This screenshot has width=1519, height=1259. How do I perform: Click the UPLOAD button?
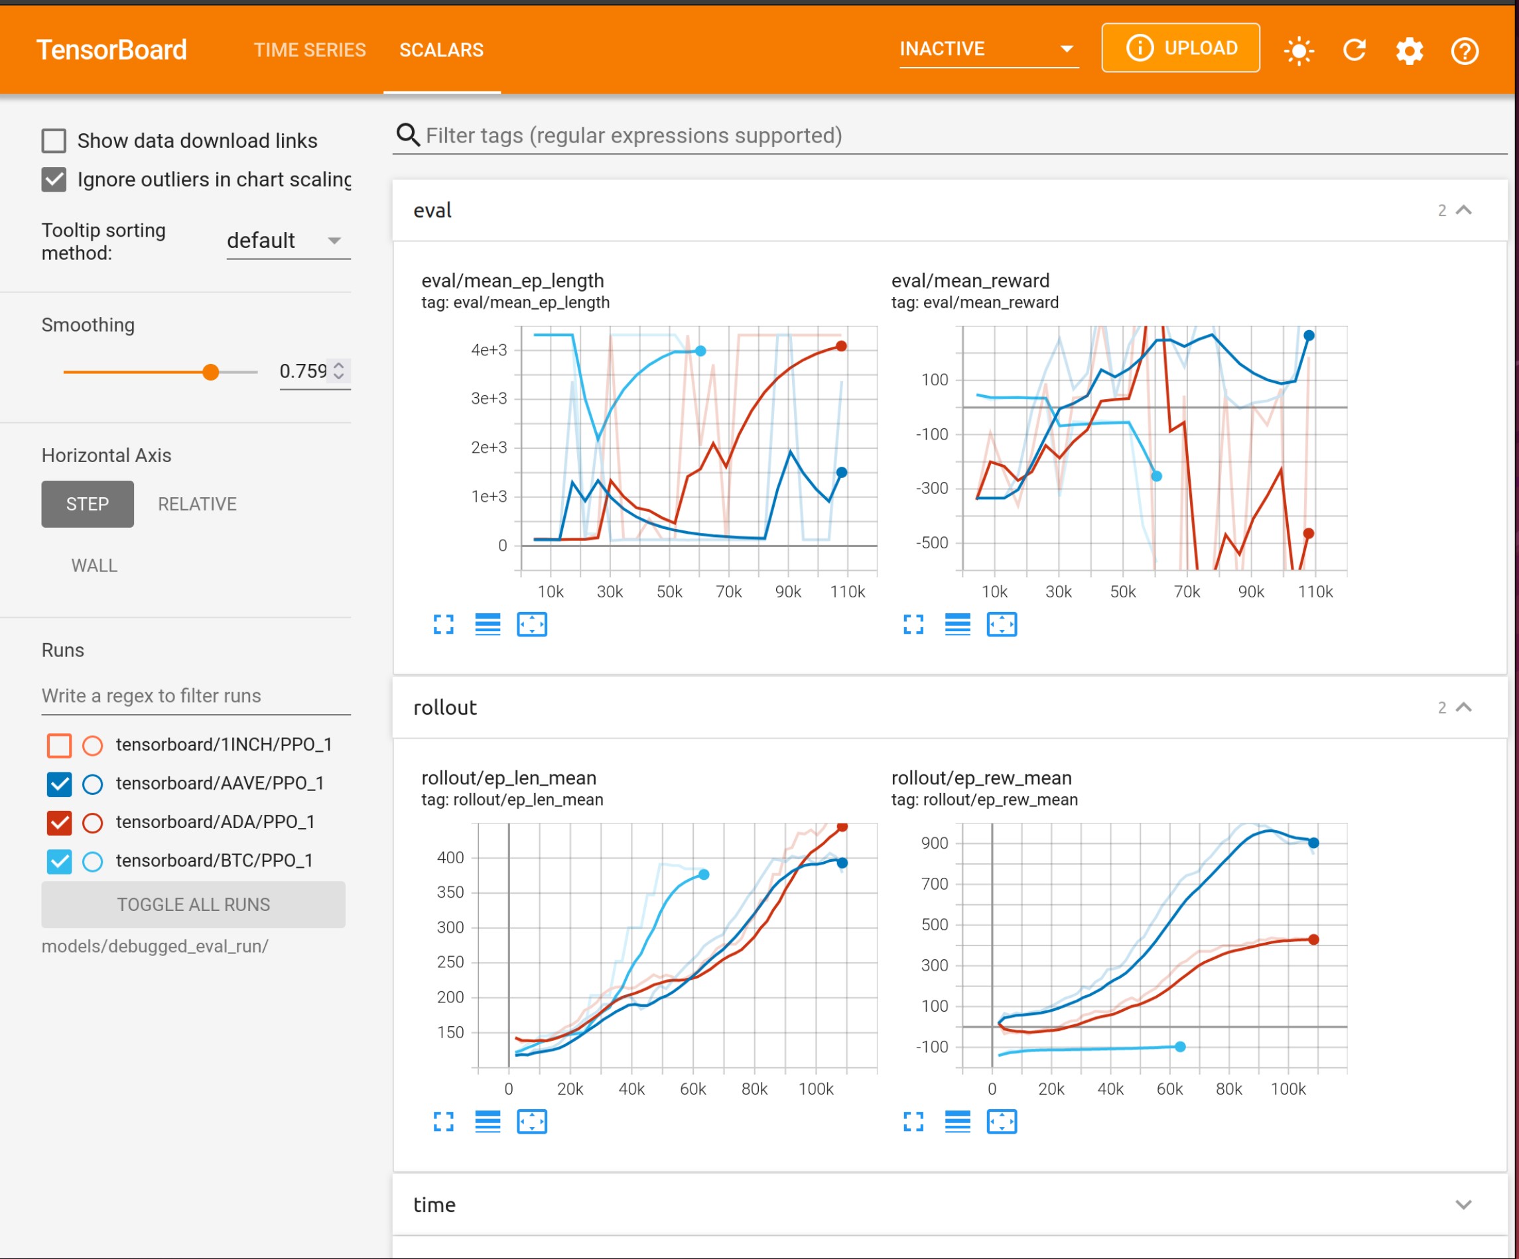point(1180,48)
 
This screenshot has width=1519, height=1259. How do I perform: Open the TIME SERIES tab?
point(310,50)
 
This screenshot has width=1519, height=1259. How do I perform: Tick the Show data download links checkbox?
point(54,141)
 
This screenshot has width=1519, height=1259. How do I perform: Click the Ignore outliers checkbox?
point(54,180)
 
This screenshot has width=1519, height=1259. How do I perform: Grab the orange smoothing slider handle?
point(210,373)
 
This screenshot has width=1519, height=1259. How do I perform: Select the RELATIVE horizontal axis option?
point(197,504)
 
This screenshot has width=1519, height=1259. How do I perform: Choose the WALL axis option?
point(94,566)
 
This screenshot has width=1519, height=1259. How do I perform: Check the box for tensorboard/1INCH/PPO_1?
point(59,745)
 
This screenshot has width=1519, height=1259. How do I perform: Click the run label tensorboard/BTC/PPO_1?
point(214,861)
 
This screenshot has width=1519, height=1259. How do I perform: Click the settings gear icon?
point(1409,50)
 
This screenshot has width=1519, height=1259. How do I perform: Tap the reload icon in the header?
point(1354,50)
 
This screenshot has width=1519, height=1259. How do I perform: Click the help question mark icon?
point(1465,50)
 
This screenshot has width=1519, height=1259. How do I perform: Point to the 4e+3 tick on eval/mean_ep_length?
point(489,350)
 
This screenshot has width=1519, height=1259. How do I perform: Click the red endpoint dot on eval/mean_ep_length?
point(841,346)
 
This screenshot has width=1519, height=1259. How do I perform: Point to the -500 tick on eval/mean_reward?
point(932,542)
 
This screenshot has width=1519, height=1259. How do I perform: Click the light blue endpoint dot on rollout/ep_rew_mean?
point(1180,1046)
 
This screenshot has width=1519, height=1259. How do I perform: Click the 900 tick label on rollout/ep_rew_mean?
point(935,843)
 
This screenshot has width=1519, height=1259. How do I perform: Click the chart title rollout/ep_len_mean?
point(509,778)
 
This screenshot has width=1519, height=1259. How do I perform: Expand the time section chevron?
point(1463,1205)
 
